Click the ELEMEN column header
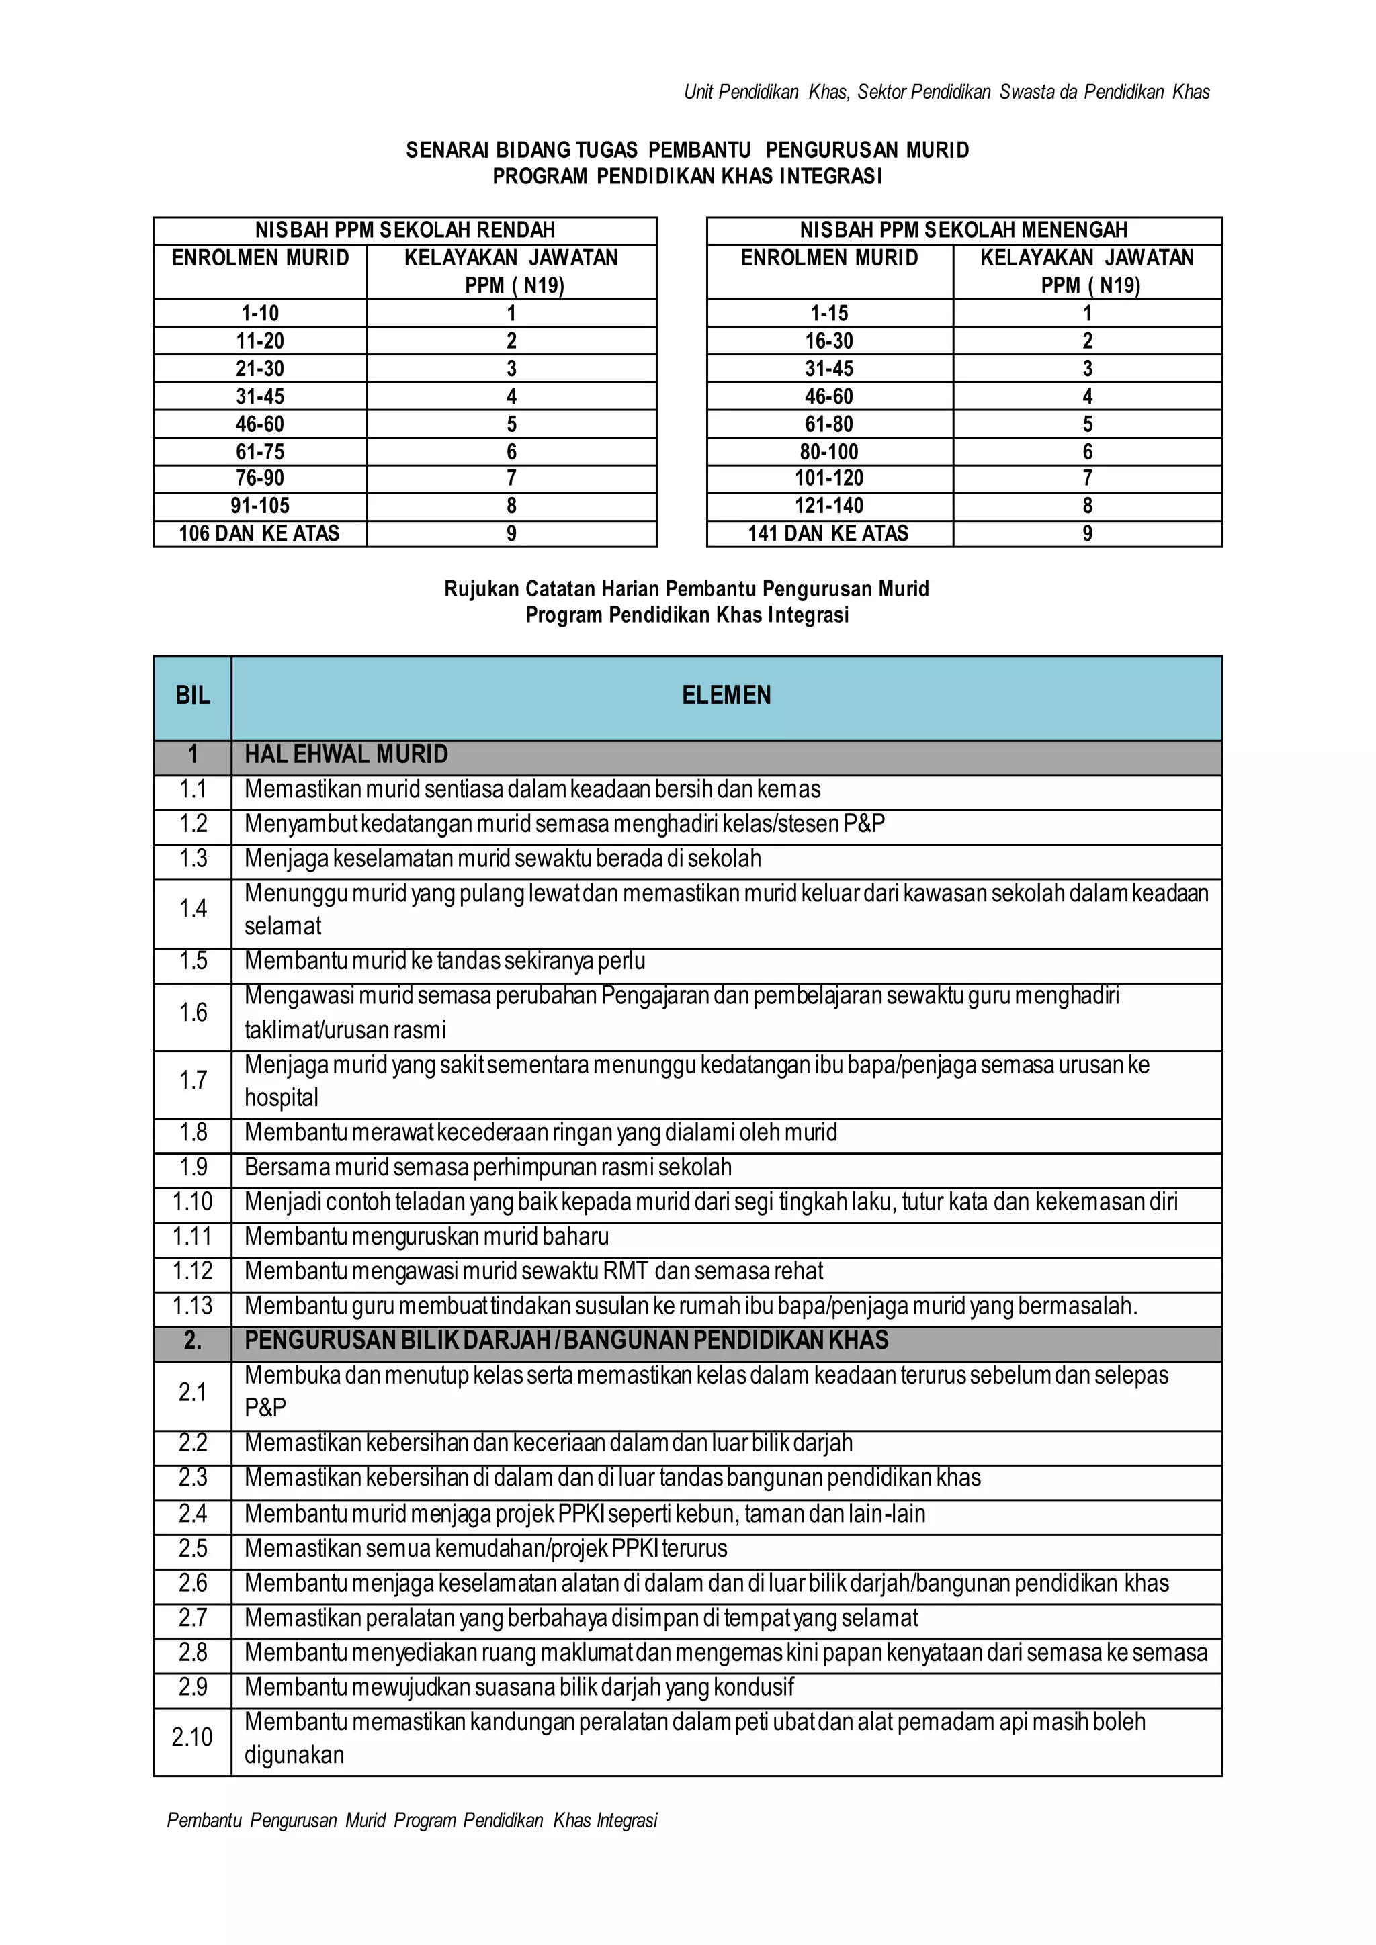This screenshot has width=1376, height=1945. pos(726,696)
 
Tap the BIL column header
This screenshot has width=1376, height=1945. pos(192,696)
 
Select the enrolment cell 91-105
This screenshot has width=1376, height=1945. pos(260,506)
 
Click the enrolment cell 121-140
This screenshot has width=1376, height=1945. pos(828,506)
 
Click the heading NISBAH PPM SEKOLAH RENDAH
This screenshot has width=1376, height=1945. pos(405,230)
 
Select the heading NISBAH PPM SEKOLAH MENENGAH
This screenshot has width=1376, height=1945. pos(963,230)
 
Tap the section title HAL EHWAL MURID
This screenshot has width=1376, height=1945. pos(346,754)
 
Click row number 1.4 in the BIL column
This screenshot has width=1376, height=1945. pos(192,909)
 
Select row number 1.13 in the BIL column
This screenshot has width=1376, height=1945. pos(192,1306)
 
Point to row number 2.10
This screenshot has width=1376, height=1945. pos(192,1737)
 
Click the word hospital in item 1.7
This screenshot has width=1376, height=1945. pos(282,1098)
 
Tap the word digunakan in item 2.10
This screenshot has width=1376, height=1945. pos(294,1754)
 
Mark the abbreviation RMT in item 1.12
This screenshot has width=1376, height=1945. pos(626,1271)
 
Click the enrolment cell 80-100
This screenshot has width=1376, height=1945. pos(828,451)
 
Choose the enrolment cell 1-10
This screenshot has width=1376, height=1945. pos(260,314)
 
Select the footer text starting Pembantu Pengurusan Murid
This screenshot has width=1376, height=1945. pos(412,1821)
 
